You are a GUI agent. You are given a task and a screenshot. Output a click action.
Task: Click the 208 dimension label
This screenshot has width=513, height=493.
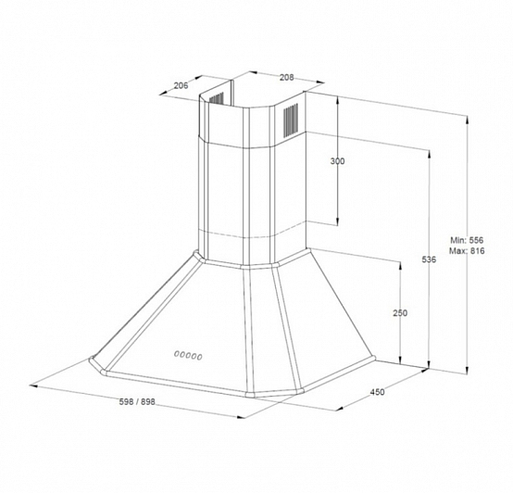click(287, 77)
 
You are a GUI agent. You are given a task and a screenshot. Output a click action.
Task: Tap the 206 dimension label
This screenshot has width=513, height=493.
click(181, 85)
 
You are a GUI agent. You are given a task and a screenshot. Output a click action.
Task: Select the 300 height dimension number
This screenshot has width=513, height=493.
click(337, 161)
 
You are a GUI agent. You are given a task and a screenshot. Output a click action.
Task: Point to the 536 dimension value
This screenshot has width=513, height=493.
click(429, 259)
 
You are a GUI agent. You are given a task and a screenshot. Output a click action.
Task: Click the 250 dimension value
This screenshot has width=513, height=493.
click(400, 313)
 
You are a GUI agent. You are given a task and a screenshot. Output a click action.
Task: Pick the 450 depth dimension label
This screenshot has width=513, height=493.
click(377, 391)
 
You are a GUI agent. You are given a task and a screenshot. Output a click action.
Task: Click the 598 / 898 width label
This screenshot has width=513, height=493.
click(137, 401)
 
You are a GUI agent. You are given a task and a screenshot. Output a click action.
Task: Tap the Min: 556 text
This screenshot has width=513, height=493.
click(467, 240)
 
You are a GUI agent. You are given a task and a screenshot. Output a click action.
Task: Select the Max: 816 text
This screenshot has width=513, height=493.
click(467, 251)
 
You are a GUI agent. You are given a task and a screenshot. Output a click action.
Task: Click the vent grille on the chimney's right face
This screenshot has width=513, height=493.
click(291, 120)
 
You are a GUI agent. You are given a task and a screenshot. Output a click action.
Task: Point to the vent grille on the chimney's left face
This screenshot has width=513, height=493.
click(217, 98)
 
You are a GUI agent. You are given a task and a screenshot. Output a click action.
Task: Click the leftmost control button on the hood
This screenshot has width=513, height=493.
click(177, 353)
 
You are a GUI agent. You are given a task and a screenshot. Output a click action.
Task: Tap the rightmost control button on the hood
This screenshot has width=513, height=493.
click(199, 357)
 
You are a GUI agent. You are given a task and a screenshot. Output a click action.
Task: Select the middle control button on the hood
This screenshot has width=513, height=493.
click(188, 355)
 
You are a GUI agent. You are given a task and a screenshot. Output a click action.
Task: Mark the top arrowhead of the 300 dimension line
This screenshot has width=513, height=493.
click(338, 99)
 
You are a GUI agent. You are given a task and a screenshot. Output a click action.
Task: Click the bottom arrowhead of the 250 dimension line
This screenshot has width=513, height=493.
click(400, 360)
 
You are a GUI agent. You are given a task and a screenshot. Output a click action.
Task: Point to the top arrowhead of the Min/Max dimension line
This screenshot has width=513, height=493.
click(467, 119)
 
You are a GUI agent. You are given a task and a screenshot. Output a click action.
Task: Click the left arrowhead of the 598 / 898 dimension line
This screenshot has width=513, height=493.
click(33, 386)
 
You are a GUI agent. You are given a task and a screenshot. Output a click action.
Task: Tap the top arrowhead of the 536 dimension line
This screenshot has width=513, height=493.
click(429, 153)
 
